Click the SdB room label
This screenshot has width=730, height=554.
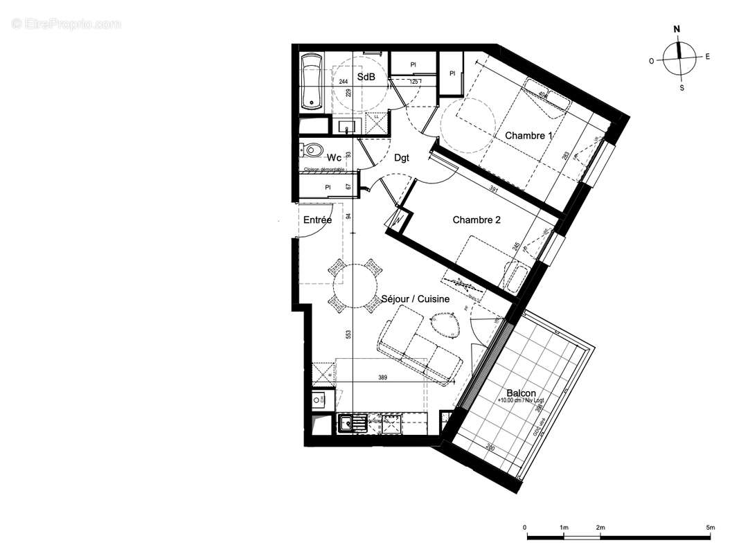366,77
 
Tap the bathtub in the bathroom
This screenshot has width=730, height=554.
312,82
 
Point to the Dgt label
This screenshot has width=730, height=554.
401,158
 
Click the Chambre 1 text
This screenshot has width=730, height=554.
528,136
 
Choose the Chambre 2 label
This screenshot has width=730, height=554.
477,220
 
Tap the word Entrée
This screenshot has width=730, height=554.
317,220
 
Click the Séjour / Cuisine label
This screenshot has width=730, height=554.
416,299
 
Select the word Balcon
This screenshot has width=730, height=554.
521,392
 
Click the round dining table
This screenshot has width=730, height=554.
355,283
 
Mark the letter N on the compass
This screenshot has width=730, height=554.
677,29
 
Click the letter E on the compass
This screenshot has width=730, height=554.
706,57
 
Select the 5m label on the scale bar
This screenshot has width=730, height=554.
710,528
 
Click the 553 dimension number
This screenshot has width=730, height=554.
349,333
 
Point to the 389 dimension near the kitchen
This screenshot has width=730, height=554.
382,378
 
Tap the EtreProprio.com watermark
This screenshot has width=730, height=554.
66,24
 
